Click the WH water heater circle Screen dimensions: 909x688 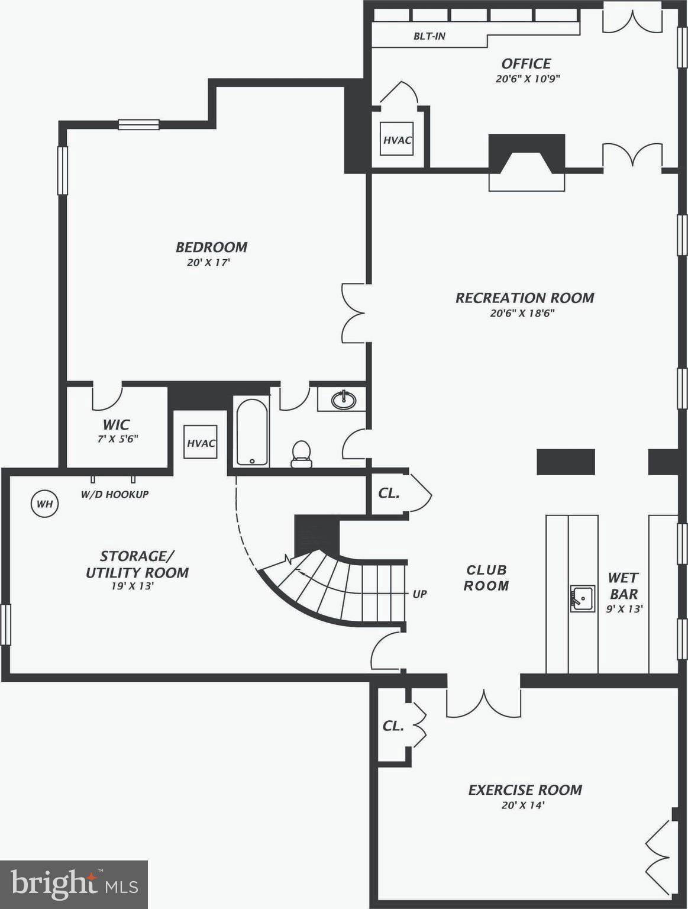tap(45, 504)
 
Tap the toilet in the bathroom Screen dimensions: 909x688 tap(302, 454)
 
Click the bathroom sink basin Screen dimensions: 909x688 tap(343, 400)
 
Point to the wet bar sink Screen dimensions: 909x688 tap(582, 598)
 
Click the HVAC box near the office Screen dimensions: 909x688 tap(396, 140)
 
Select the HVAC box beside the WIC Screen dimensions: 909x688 tap(201, 443)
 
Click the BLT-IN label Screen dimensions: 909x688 tap(429, 36)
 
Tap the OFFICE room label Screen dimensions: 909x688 tap(526, 63)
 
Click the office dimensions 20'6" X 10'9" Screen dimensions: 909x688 tap(527, 79)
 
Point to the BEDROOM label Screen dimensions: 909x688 tap(211, 247)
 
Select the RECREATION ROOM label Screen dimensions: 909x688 tap(524, 298)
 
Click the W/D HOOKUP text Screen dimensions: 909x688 tap(115, 494)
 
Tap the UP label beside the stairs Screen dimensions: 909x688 tap(419, 594)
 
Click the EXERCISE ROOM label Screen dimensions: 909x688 tap(525, 789)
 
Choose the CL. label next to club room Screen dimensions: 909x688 tap(389, 493)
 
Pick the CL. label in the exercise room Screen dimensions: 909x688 tap(393, 726)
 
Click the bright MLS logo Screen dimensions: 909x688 tap(74, 884)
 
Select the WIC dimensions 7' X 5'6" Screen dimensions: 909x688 tap(118, 439)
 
